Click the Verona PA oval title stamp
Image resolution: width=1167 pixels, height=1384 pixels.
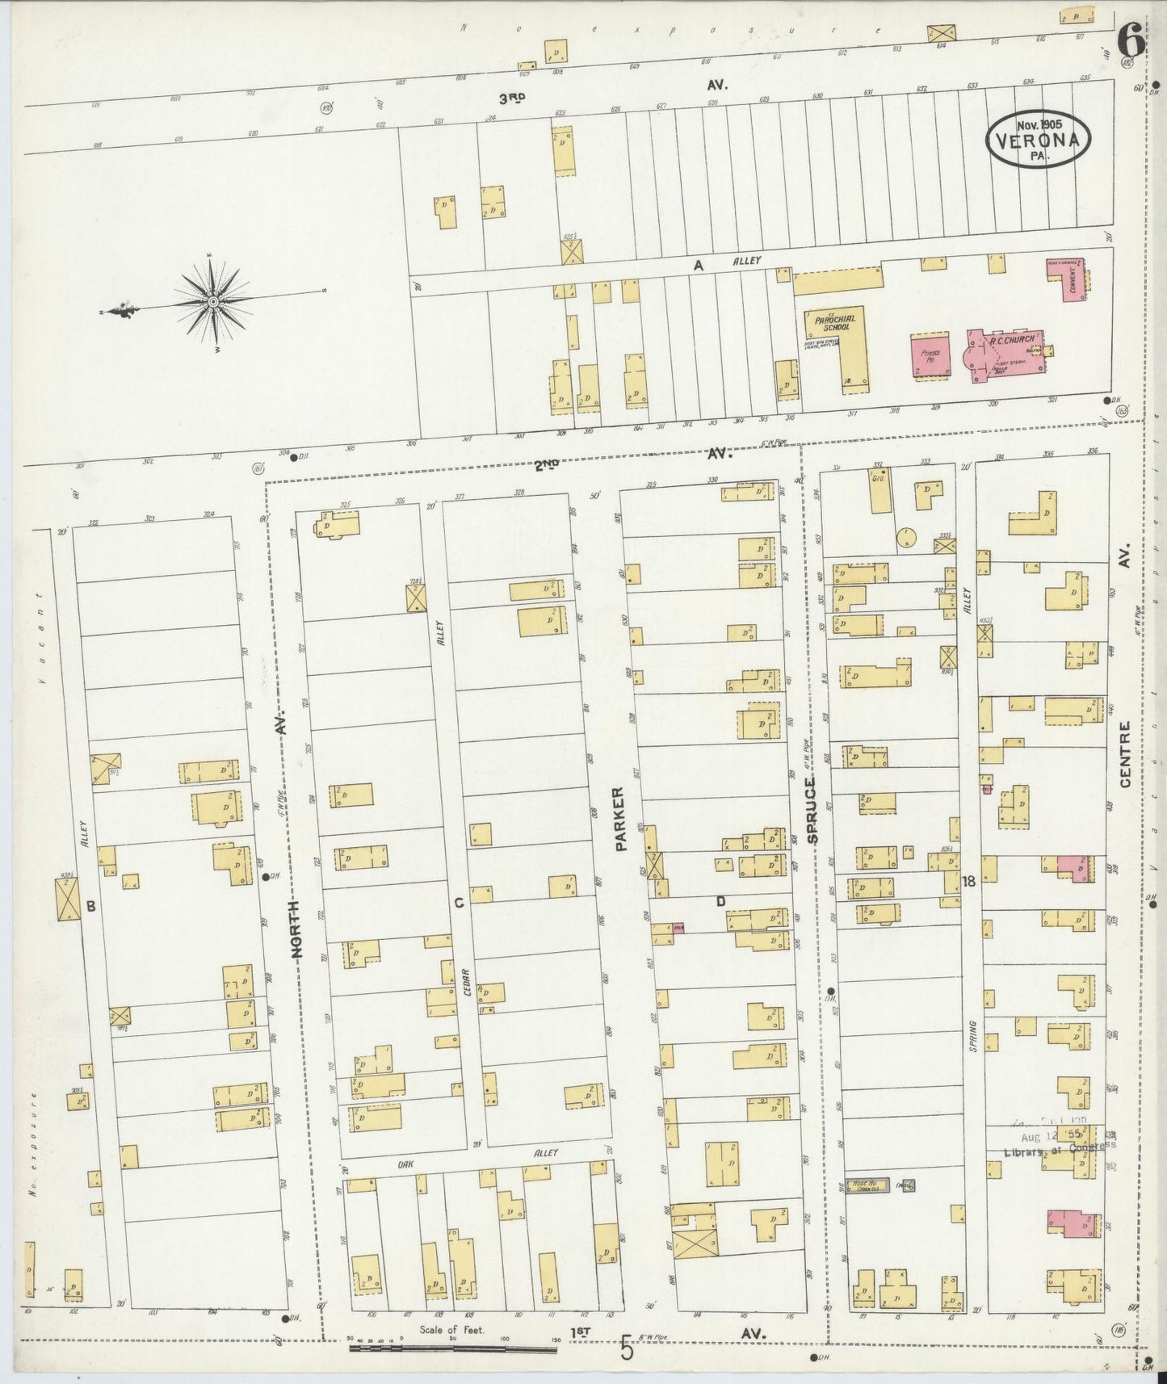coord(1038,140)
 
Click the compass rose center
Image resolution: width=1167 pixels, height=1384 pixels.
coord(212,302)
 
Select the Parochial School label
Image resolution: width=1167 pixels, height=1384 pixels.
coord(834,323)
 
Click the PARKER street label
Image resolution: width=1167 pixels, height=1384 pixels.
coord(620,819)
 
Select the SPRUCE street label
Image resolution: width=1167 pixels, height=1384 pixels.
coord(812,810)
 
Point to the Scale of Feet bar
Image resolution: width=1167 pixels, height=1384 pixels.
coord(452,1348)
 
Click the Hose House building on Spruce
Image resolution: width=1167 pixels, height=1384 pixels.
coord(867,1185)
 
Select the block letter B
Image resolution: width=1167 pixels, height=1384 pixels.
coord(90,907)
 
